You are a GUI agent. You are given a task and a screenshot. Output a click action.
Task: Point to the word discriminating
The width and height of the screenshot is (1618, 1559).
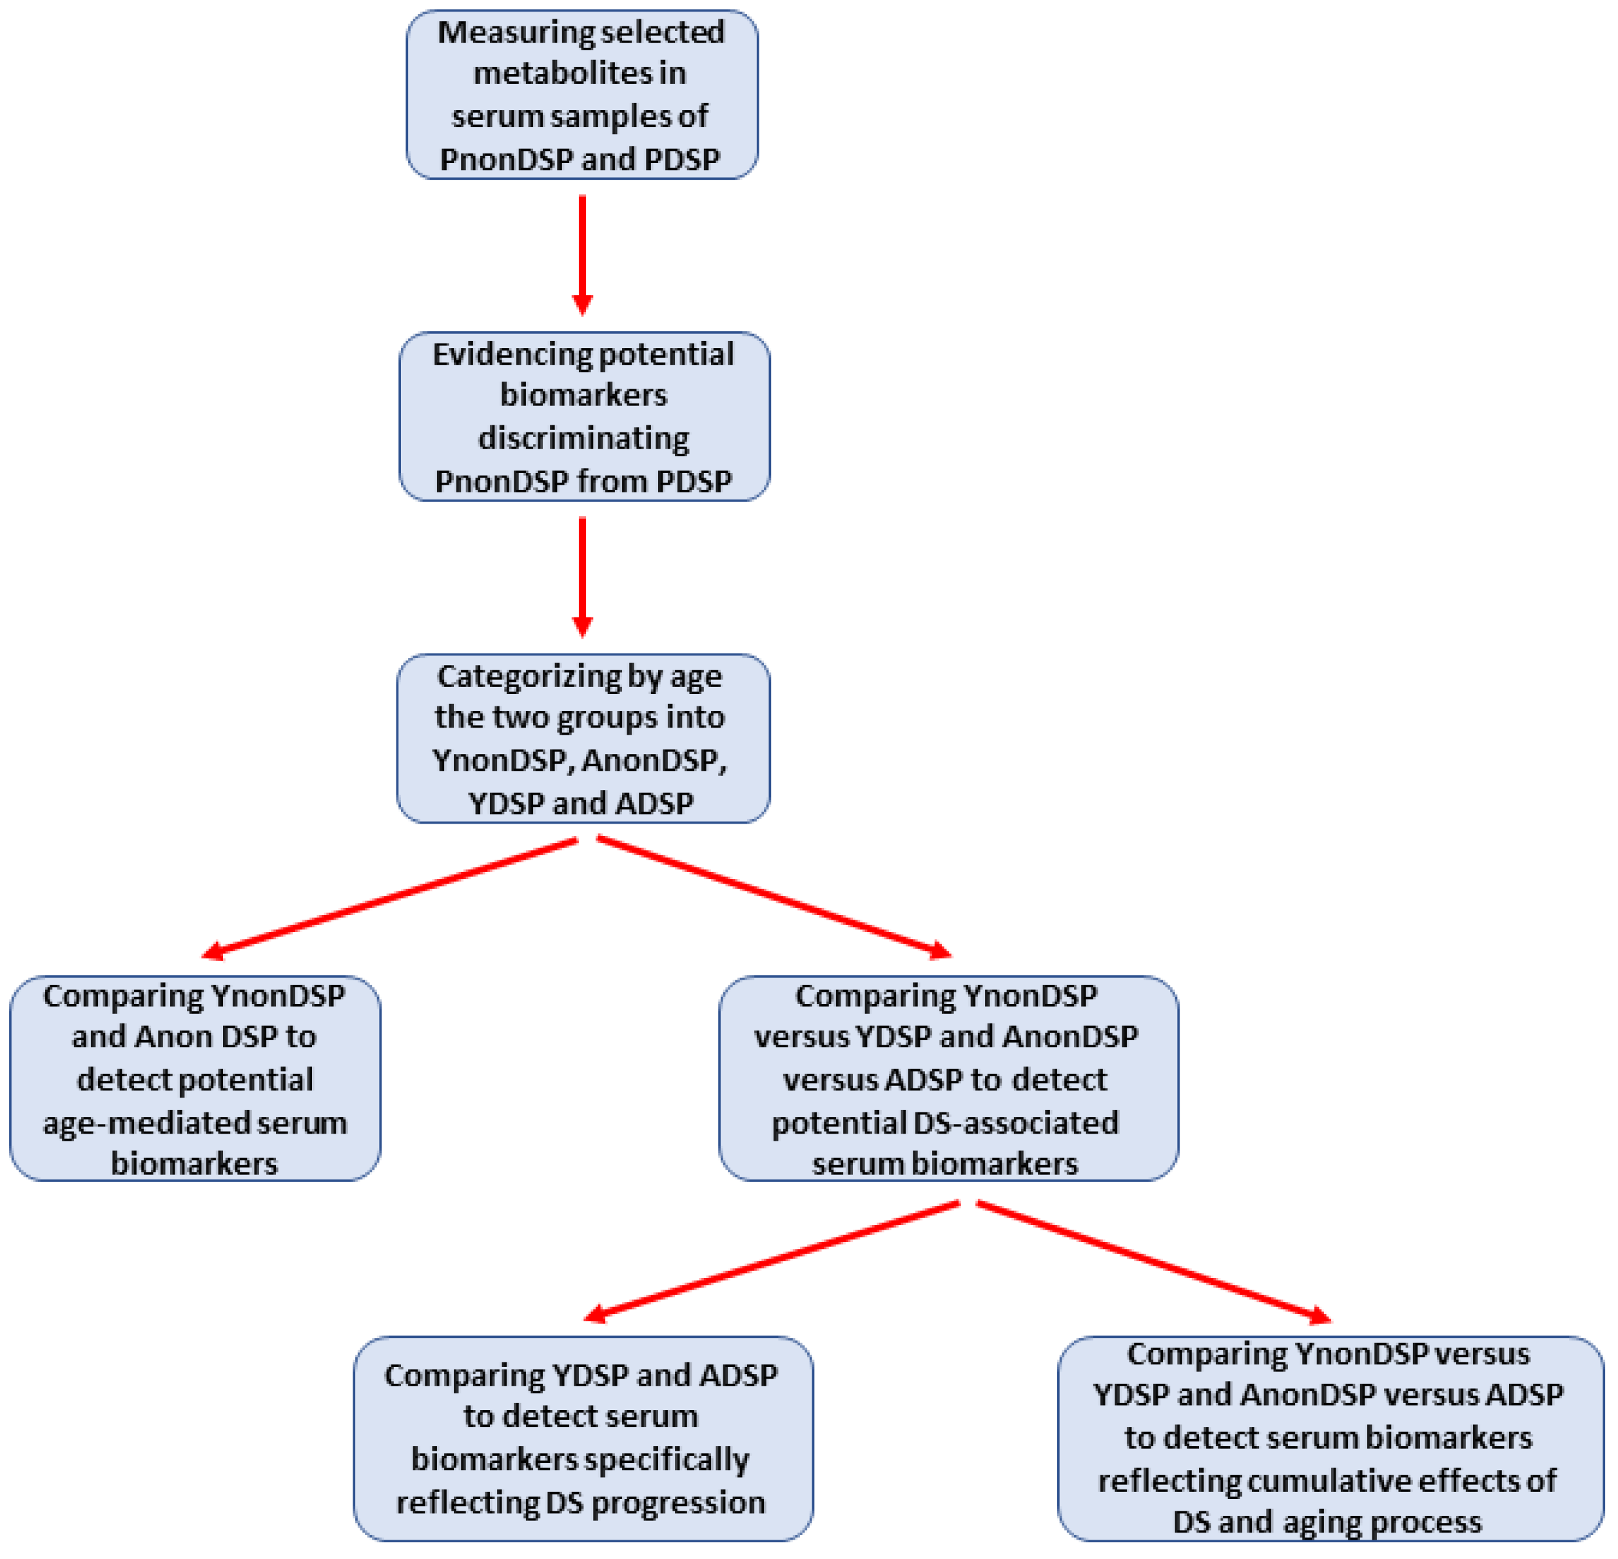583,438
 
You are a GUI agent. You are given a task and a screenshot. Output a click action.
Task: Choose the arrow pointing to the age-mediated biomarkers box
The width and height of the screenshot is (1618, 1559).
388,898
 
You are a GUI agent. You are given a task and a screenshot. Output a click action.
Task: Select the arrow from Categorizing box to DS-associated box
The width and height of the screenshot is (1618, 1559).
774,898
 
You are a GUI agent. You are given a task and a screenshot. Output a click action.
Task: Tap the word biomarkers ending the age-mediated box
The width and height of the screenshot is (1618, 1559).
194,1165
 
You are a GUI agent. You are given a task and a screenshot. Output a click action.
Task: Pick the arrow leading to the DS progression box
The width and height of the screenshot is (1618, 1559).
772,1261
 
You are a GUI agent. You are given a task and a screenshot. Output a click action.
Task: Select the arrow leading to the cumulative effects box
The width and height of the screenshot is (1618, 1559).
1153,1261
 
